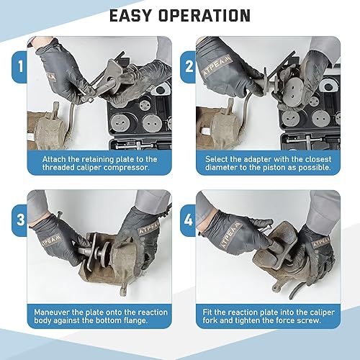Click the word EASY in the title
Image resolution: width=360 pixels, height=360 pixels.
click(130, 16)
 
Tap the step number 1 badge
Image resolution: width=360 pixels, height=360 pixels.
click(20, 66)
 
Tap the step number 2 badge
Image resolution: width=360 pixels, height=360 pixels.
click(189, 66)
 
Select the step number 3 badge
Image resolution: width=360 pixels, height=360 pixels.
click(20, 220)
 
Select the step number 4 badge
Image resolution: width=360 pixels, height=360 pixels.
click(189, 220)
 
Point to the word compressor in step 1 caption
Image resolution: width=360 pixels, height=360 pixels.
click(127, 168)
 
